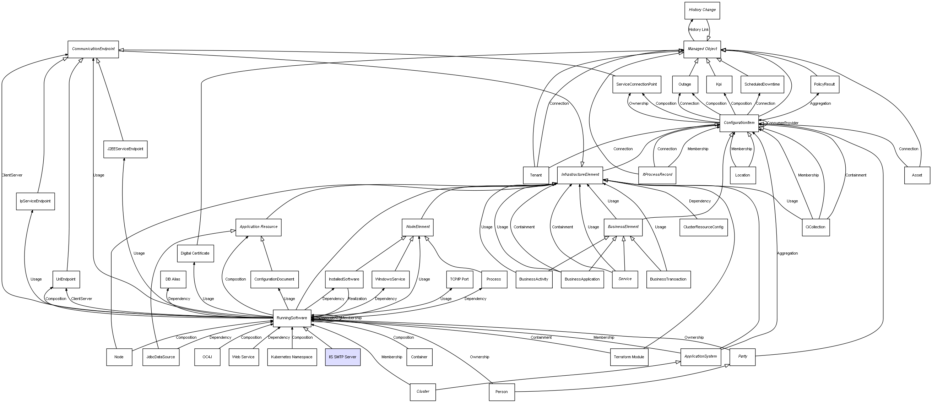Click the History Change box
(x=702, y=10)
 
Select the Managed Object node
(x=702, y=49)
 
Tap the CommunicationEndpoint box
(x=93, y=49)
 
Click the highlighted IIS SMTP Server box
(x=343, y=357)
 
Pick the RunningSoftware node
(x=292, y=318)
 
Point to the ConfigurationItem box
(x=739, y=123)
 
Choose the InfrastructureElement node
(x=580, y=175)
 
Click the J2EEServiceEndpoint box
(x=125, y=149)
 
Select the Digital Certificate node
(x=195, y=253)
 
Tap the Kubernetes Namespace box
(x=292, y=357)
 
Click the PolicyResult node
(x=824, y=84)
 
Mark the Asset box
(x=917, y=175)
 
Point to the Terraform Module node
(x=629, y=357)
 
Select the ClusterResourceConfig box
(x=703, y=227)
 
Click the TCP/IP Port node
(x=459, y=279)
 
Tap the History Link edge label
(x=699, y=30)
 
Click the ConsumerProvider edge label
(x=782, y=123)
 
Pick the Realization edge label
(x=357, y=299)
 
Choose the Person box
(x=502, y=392)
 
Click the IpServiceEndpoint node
(x=36, y=201)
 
